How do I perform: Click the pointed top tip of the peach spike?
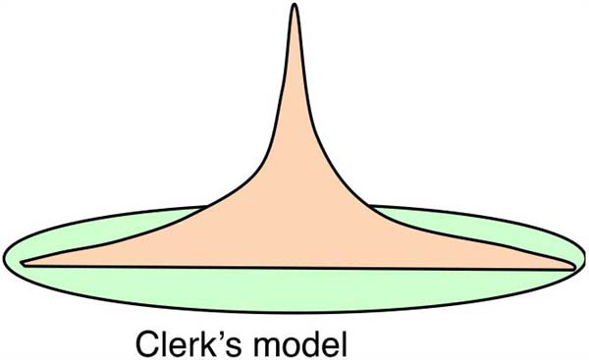(294, 5)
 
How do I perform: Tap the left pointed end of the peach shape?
(22, 263)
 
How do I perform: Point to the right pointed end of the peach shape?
(573, 267)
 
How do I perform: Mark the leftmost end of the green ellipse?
(4, 259)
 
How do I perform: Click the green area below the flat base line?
(294, 289)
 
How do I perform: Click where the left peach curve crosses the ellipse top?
(205, 207)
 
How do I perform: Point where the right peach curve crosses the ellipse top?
(369, 206)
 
